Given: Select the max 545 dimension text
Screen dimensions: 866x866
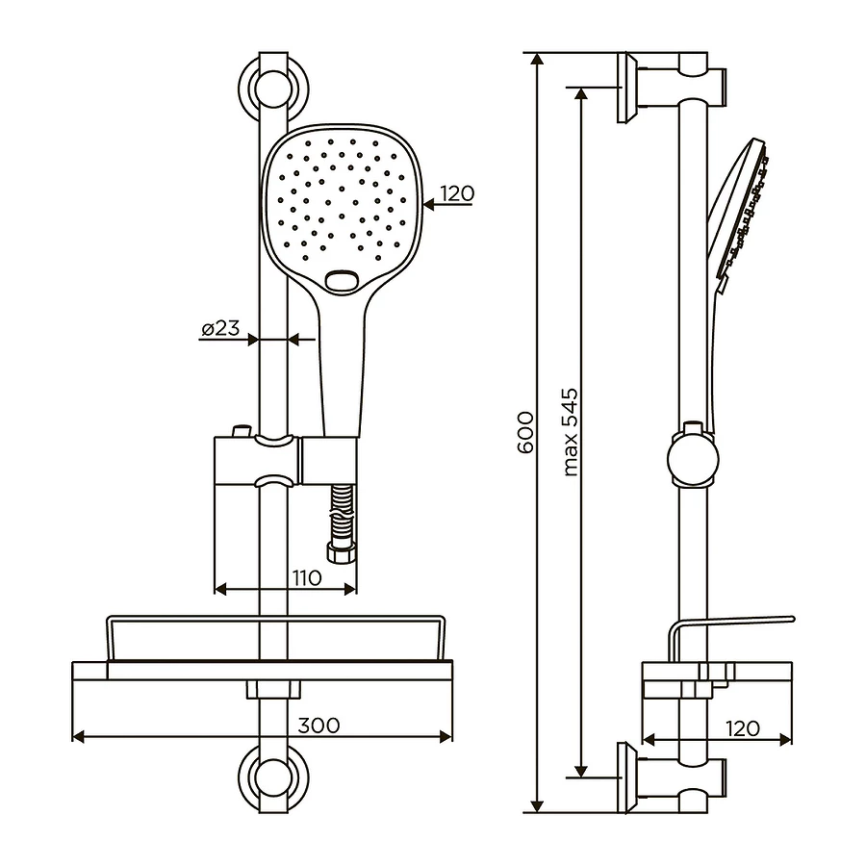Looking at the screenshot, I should coord(571,432).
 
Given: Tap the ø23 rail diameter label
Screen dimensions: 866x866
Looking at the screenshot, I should coord(220,328).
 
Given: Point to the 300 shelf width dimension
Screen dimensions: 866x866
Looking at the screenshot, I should coord(318,725).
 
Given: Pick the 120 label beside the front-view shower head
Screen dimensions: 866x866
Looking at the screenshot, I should coord(457,193).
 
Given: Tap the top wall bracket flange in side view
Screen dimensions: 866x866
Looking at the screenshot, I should coord(626,88).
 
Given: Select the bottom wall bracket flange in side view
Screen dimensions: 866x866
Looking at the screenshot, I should coord(626,776).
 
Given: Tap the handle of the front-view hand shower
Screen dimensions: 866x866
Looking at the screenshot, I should coord(341,366).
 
